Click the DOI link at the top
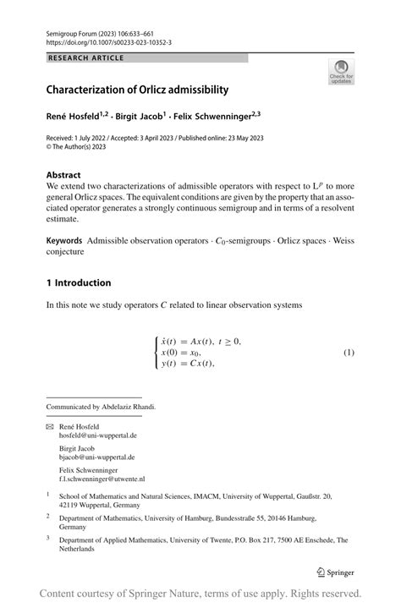108,41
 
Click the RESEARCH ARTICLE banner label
85,58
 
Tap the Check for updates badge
341,73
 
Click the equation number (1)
348,352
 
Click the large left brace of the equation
157,352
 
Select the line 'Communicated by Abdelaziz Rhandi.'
101,407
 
